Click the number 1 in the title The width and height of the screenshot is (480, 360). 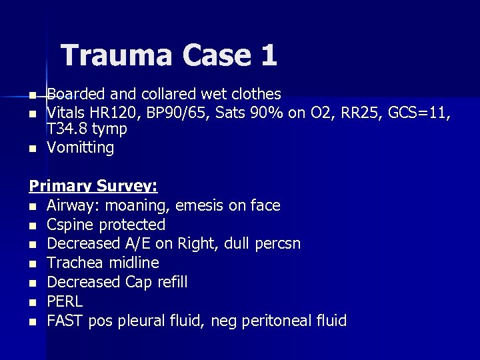point(268,55)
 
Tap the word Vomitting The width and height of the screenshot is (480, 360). point(80,147)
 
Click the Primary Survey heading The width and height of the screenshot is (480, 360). point(93,186)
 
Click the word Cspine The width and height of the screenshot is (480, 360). point(69,225)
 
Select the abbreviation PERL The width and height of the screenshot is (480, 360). point(65,301)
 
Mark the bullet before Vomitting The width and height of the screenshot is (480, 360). point(32,148)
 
